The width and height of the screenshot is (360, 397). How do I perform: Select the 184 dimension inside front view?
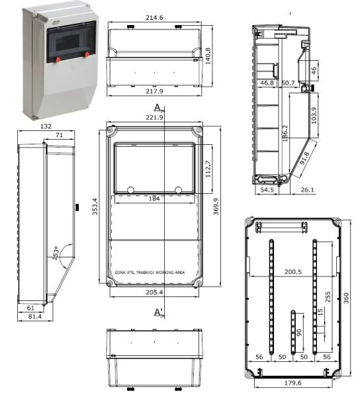click(154, 199)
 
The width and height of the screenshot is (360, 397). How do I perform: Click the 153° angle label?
click(58, 253)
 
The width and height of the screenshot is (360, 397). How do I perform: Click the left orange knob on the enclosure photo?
click(58, 60)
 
